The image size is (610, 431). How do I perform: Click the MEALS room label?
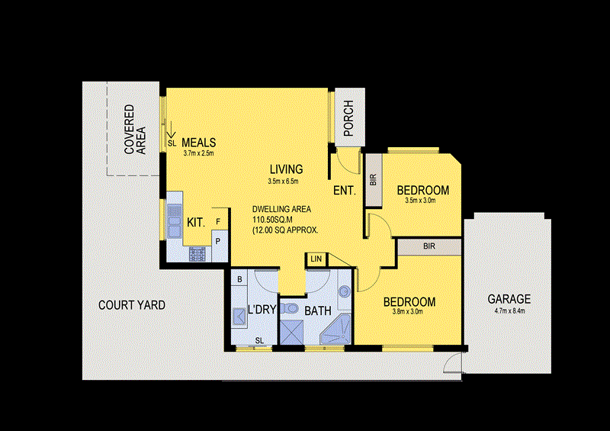pos(199,143)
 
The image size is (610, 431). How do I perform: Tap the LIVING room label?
pos(286,169)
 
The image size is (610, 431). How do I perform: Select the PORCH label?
pos(348,119)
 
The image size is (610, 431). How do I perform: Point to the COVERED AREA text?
pos(134,130)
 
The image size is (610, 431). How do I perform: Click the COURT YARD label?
pos(132,305)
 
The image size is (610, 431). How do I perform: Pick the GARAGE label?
pos(509,299)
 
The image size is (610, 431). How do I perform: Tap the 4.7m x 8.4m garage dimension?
pos(509,310)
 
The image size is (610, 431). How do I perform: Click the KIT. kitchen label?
pos(196,223)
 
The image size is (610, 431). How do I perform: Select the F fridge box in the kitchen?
pos(219,222)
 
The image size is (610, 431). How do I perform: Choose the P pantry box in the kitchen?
pos(219,240)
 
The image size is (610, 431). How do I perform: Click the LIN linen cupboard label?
pos(316,259)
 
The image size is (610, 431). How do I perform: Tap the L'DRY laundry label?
pos(261,310)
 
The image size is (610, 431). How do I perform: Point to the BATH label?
pos(316,311)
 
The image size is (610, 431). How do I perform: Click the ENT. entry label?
pos(345,191)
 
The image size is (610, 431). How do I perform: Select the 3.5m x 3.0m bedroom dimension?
pos(422,201)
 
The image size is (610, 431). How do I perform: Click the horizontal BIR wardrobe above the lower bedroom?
pos(429,246)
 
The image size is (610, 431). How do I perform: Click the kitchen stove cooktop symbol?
pos(199,253)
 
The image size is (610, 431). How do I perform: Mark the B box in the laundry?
pos(239,280)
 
